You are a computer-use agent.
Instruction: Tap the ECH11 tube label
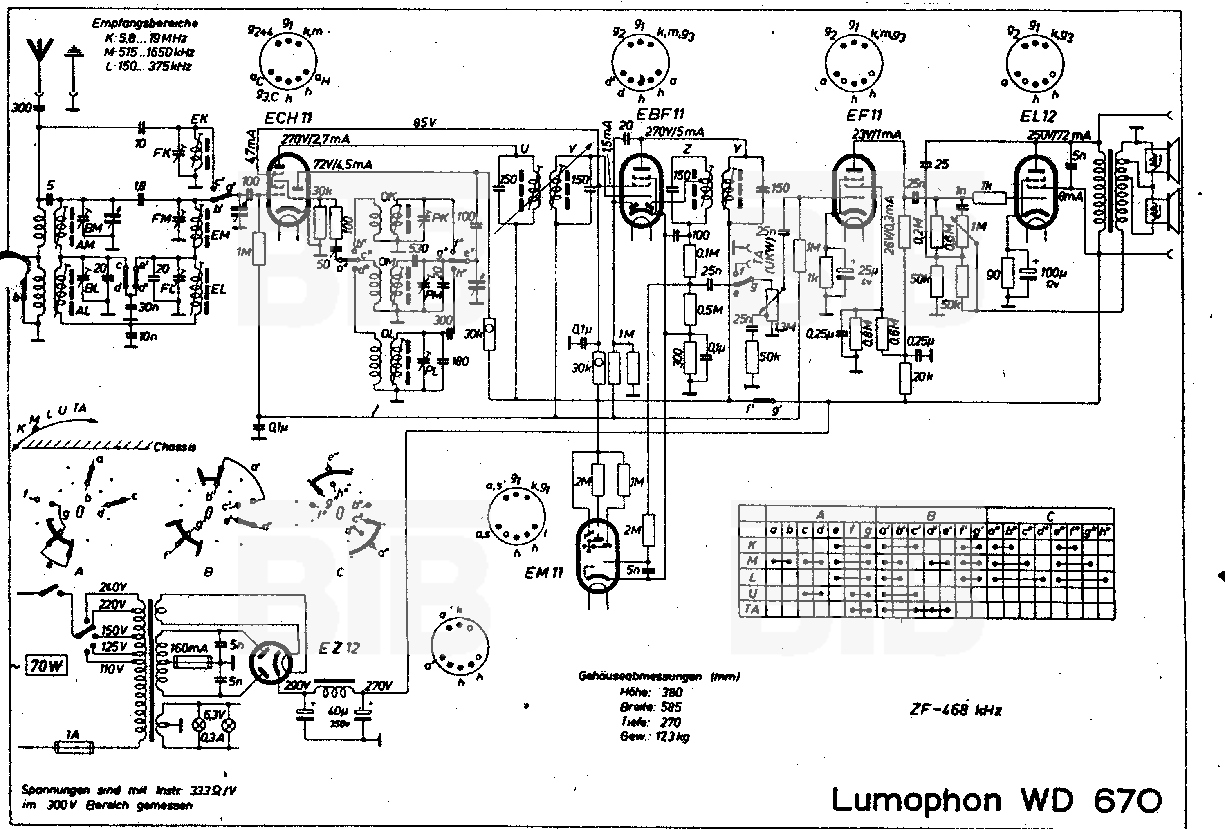click(288, 118)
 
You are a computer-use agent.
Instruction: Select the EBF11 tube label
click(660, 114)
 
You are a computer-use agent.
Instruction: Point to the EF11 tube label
click(864, 115)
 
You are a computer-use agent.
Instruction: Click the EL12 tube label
click(1037, 116)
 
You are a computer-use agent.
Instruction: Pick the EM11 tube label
click(543, 573)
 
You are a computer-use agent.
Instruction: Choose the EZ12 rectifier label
click(339, 648)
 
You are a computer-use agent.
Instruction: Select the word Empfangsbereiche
click(145, 23)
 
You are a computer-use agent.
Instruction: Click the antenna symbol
click(40, 50)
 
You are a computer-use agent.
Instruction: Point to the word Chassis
click(175, 447)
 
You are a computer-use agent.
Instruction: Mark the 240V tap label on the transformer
click(113, 587)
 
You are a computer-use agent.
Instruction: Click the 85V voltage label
click(424, 123)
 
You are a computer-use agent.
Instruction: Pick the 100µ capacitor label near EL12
click(1053, 273)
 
